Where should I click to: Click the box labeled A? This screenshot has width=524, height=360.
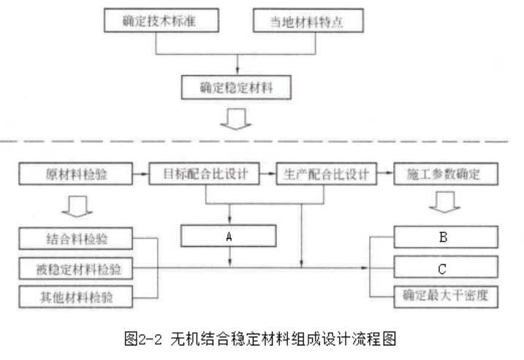click(229, 237)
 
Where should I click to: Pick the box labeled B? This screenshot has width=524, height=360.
click(444, 237)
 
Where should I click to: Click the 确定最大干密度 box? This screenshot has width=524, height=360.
click(444, 296)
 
